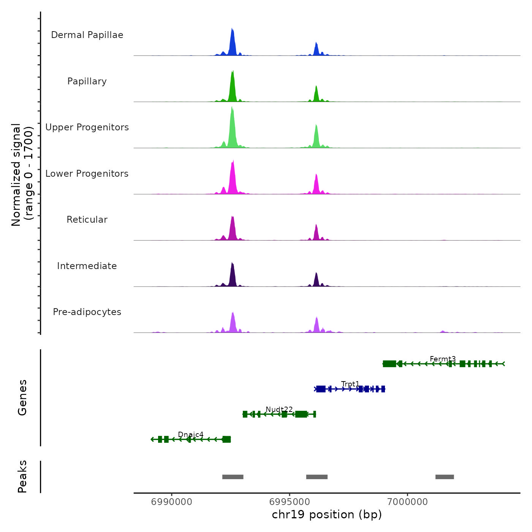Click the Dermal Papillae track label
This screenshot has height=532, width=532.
(87, 35)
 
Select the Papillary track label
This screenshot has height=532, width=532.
(87, 81)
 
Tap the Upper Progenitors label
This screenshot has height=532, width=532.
(87, 127)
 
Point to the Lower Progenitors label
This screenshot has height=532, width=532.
(87, 174)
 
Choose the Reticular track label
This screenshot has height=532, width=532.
(87, 220)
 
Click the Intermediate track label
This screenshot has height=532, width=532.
(87, 266)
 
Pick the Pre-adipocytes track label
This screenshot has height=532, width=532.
(87, 312)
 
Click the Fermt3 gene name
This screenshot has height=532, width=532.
(443, 359)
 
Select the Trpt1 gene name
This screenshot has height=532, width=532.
(350, 384)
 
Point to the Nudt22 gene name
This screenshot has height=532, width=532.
(279, 409)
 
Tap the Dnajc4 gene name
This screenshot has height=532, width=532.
(191, 434)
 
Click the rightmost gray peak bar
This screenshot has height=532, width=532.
(445, 477)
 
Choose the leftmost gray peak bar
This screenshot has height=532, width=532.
(233, 477)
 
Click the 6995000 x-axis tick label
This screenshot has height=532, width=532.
(290, 502)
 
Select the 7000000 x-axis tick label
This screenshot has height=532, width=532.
(407, 502)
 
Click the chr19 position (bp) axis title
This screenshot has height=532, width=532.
(327, 515)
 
